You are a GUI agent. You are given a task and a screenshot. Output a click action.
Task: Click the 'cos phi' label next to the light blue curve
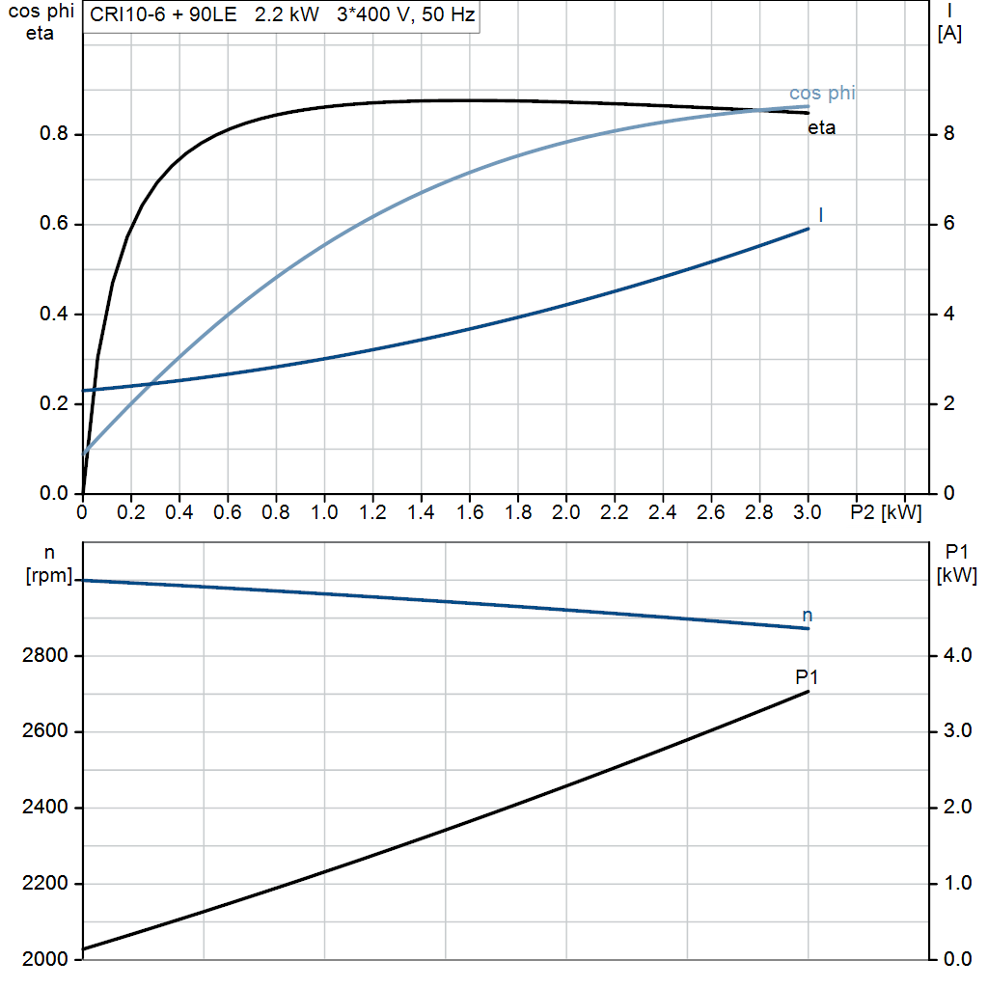pos(822,94)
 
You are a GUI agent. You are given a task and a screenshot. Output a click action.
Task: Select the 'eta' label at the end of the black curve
pos(822,128)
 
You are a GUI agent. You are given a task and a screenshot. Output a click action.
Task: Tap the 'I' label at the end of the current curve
pos(821,214)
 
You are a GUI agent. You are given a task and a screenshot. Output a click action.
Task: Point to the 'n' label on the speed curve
pos(808,616)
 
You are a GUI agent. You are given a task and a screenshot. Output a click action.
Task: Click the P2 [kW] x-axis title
pos(886,511)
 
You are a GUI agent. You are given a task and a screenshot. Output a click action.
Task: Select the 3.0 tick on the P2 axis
pos(808,511)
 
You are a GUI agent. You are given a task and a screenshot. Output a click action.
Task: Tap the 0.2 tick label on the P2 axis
pos(130,511)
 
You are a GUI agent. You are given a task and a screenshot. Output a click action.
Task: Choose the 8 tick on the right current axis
pos(949,134)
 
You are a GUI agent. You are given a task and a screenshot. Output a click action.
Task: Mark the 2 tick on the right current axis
pos(949,404)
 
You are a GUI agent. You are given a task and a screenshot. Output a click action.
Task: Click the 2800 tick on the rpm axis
pos(44,656)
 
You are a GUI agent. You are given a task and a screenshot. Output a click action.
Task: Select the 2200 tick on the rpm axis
pos(44,884)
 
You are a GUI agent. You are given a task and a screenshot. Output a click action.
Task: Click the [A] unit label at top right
pos(949,34)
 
